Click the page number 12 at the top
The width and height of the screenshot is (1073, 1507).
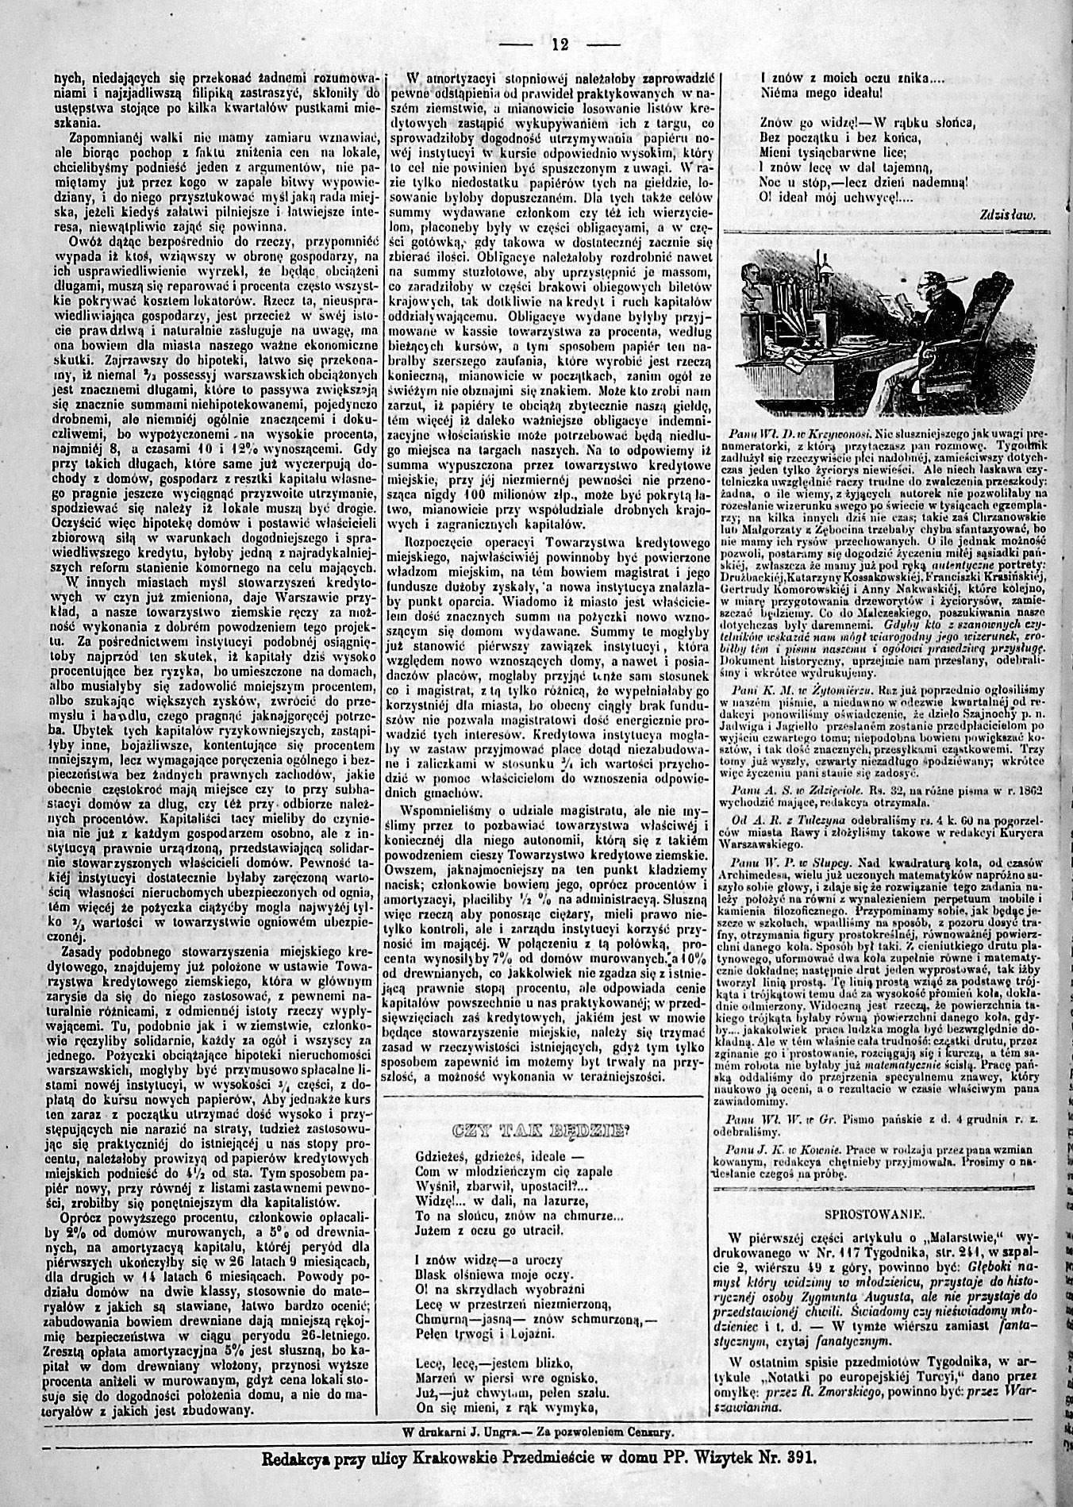pos(560,44)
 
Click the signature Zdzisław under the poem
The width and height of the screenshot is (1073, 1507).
pos(1010,214)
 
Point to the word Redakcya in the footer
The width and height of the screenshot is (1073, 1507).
pos(297,1459)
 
